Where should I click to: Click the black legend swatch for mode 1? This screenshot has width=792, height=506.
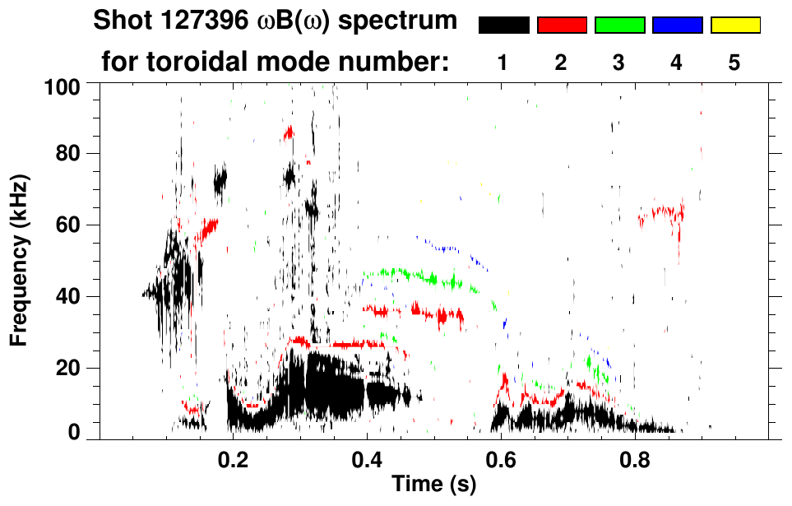pos(503,26)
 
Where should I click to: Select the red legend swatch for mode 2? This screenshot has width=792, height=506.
pos(562,26)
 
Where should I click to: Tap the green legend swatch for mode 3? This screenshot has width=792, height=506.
pos(619,26)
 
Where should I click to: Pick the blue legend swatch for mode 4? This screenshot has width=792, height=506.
pos(677,26)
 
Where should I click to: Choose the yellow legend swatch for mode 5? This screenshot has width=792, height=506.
pos(735,26)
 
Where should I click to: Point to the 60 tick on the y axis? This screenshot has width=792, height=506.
pos(68,225)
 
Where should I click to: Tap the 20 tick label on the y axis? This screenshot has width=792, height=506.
pos(68,368)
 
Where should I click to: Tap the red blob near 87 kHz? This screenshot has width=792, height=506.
pos(289,132)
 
